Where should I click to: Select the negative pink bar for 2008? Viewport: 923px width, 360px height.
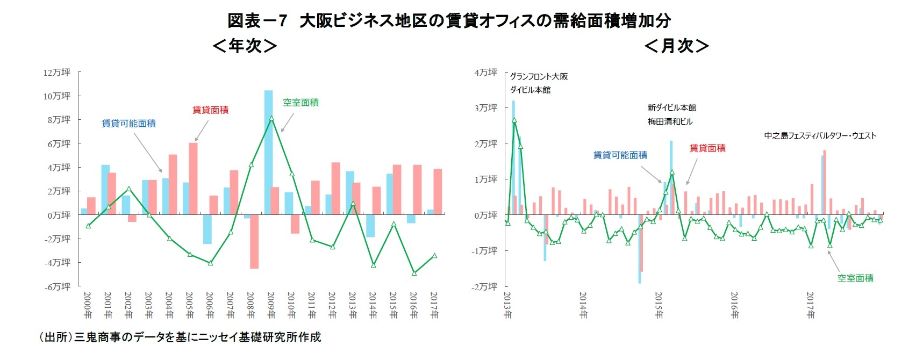(254, 241)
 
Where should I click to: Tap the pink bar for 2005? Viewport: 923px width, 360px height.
(193, 178)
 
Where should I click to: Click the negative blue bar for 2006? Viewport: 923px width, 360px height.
(207, 229)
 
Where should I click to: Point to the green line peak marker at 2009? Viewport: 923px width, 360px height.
(271, 118)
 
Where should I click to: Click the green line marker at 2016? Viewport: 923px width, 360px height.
(414, 273)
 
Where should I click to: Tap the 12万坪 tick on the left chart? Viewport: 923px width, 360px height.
(57, 72)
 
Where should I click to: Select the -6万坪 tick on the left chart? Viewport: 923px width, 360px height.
(57, 286)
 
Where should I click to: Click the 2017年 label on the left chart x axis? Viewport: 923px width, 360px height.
(434, 305)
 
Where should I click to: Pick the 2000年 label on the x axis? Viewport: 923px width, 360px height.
(88, 305)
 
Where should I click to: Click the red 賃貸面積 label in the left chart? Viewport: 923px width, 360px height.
(210, 110)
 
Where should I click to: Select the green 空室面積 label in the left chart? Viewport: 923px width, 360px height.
(300, 102)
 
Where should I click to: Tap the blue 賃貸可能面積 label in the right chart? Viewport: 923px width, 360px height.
(620, 155)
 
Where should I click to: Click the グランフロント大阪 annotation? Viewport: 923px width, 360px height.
(539, 76)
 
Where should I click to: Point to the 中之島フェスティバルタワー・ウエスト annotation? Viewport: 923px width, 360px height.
(820, 135)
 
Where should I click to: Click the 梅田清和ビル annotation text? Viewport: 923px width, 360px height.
(670, 121)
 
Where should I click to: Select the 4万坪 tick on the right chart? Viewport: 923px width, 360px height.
(485, 72)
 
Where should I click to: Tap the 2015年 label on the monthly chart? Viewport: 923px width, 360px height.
(659, 305)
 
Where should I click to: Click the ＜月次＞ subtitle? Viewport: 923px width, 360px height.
(676, 46)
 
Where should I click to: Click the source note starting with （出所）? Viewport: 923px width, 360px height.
(180, 337)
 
